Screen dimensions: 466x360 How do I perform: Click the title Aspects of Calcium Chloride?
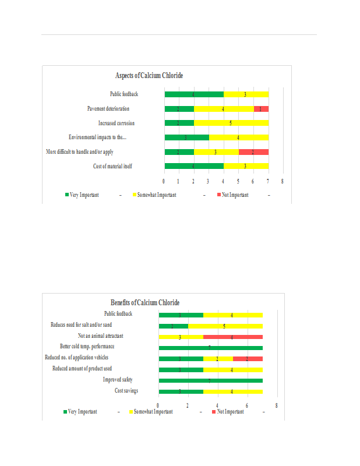pyautogui.click(x=150, y=76)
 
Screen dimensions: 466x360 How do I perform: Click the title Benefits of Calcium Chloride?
pyautogui.click(x=145, y=302)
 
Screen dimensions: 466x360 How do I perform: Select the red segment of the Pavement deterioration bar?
pyautogui.click(x=261, y=109)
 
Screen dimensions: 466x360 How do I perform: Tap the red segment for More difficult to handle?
pyautogui.click(x=253, y=152)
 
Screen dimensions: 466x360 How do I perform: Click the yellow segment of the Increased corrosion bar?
pyautogui.click(x=231, y=123)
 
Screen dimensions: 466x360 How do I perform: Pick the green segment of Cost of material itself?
pyautogui.click(x=193, y=166)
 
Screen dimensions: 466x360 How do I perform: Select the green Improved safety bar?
pyautogui.click(x=210, y=380)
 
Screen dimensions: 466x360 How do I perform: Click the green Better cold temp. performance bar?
pyautogui.click(x=210, y=347)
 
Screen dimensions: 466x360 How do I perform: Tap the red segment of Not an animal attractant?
pyautogui.click(x=232, y=336)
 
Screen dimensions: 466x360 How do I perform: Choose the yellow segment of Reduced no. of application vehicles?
pyautogui.click(x=218, y=358)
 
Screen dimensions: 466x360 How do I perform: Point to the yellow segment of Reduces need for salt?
pyautogui.click(x=225, y=326)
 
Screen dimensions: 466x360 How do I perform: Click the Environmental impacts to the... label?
pyautogui.click(x=97, y=137)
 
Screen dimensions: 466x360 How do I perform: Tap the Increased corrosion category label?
pyautogui.click(x=117, y=123)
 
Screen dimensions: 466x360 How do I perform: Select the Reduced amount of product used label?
pyautogui.click(x=82, y=369)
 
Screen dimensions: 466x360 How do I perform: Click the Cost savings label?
pyautogui.click(x=126, y=390)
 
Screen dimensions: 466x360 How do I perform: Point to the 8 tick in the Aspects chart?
pyautogui.click(x=283, y=182)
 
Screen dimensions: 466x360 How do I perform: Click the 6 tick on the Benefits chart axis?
pyautogui.click(x=247, y=405)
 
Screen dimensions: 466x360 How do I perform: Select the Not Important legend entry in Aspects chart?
pyautogui.click(x=235, y=195)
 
